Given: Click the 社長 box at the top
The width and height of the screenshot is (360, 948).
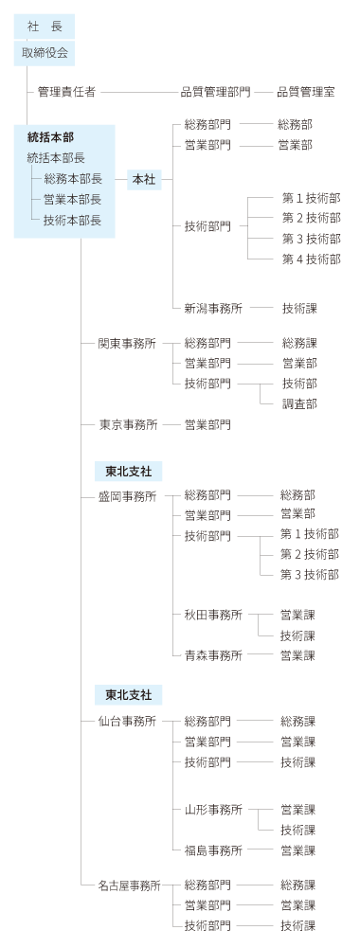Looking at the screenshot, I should click(45, 28).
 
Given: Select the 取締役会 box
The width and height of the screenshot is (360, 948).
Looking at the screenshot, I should click(45, 53).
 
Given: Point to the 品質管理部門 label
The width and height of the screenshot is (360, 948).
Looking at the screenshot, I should click(215, 93).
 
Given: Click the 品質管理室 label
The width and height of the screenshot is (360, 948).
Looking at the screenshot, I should click(305, 93).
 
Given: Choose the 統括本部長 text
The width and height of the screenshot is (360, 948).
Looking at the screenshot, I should click(56, 157).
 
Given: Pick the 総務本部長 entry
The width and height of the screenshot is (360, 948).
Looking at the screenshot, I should click(72, 178).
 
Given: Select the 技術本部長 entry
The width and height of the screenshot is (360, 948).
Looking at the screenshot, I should click(72, 221).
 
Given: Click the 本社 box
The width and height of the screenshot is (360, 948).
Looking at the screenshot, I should click(144, 179).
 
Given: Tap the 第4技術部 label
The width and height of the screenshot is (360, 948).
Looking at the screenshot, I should click(311, 259).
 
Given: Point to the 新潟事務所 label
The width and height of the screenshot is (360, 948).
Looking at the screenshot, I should click(213, 309).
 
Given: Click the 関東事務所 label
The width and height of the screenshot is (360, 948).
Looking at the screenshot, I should click(127, 343).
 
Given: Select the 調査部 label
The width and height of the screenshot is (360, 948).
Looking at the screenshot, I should click(298, 403).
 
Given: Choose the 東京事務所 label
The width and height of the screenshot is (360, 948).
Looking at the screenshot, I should click(127, 425).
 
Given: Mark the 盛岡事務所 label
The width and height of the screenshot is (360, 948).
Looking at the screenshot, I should click(127, 495).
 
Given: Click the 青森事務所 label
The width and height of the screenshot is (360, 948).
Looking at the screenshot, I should click(213, 655).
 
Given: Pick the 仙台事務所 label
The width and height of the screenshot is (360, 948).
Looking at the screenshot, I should click(127, 721).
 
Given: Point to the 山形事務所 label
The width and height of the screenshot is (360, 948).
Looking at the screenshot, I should click(213, 810).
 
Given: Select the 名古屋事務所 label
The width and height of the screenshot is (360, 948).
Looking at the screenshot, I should click(130, 885).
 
